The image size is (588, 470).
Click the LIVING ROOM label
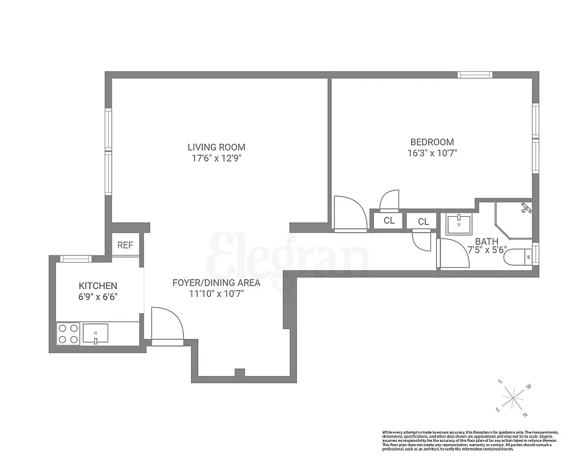click(216, 147)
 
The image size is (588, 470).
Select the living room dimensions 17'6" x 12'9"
click(216, 158)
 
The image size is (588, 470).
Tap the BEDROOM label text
click(432, 142)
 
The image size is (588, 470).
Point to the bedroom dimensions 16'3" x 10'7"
click(432, 153)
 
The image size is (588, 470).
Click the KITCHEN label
click(98, 286)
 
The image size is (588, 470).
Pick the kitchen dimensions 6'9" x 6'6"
click(98, 297)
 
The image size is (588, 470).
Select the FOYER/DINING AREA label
click(216, 283)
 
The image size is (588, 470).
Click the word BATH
click(487, 241)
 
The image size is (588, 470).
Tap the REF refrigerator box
click(125, 245)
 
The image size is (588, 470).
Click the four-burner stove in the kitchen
click(68, 334)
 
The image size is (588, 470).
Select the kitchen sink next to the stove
click(95, 334)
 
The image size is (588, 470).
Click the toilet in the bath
click(520, 256)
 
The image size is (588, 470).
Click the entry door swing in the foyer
click(166, 324)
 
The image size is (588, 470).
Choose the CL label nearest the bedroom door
click(389, 221)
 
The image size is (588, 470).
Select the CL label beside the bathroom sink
click(423, 221)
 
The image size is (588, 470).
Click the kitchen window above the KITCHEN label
click(76, 258)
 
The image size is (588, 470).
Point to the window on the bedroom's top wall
click(475, 75)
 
